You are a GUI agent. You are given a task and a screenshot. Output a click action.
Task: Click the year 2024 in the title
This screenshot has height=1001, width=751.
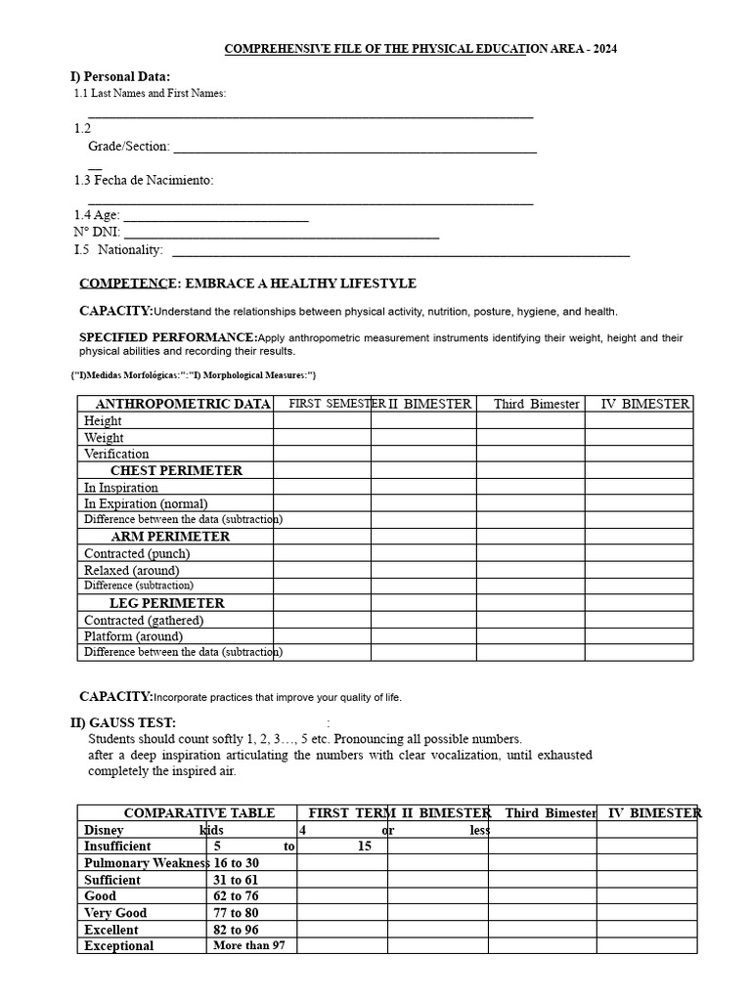(602, 49)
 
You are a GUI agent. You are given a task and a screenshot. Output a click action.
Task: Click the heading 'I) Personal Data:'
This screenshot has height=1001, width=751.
(119, 76)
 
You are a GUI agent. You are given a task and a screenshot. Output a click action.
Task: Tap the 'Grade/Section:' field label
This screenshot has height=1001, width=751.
(129, 147)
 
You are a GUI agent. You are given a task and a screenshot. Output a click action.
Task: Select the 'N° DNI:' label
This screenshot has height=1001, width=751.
(97, 233)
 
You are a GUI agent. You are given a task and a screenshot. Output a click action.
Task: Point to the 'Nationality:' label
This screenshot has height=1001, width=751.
(131, 250)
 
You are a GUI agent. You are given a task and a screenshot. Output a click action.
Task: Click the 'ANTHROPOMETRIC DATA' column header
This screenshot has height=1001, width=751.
(183, 404)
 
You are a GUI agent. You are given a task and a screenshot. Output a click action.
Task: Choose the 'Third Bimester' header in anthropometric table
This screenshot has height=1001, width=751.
(536, 404)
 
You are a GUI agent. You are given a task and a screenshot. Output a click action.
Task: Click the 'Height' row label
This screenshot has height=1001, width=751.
(103, 421)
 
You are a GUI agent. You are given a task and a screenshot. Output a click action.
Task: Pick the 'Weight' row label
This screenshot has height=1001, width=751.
(104, 438)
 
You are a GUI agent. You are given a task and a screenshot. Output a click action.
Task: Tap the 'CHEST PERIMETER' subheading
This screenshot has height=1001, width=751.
(176, 470)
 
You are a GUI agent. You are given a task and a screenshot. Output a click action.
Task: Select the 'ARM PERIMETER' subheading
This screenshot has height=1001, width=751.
(171, 537)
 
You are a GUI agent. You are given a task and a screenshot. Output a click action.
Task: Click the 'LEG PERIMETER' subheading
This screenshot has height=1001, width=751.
(167, 603)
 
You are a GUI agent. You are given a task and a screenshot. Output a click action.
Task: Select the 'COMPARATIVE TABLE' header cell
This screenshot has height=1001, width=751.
(199, 813)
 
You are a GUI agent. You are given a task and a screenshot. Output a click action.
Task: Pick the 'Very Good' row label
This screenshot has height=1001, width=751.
(115, 913)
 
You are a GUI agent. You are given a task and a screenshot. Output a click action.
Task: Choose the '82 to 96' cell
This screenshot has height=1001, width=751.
(235, 930)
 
